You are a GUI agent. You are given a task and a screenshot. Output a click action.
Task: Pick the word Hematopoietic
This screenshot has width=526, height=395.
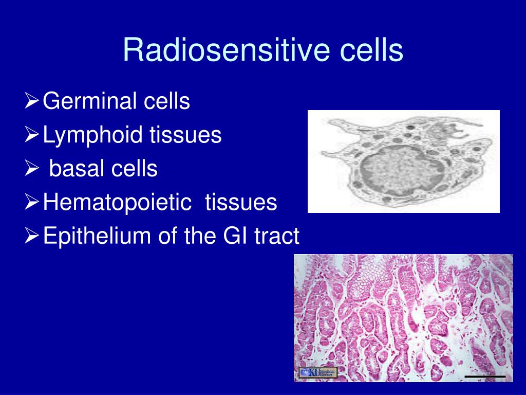tap(117, 203)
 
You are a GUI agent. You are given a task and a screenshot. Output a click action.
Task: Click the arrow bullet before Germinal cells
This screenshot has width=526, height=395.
tap(32, 101)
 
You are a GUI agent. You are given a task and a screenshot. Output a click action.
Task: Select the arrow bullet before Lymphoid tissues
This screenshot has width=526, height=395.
tap(32, 135)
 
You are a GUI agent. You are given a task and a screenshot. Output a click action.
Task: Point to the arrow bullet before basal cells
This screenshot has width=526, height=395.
tap(32, 168)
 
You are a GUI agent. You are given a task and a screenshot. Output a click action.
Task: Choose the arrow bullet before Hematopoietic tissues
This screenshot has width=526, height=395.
tap(32, 202)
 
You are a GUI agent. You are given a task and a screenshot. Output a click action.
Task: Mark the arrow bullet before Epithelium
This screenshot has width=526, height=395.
tap(32, 236)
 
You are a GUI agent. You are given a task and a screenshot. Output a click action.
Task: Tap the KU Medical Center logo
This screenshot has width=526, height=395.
tap(317, 372)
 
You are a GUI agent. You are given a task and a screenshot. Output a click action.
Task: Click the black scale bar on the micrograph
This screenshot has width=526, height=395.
tap(485, 377)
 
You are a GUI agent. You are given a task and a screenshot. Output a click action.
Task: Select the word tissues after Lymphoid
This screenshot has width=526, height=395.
tap(185, 134)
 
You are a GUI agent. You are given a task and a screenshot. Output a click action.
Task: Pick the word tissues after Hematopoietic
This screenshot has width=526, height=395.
tap(241, 202)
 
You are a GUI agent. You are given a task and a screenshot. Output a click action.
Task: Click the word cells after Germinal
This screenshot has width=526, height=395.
tap(167, 101)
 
